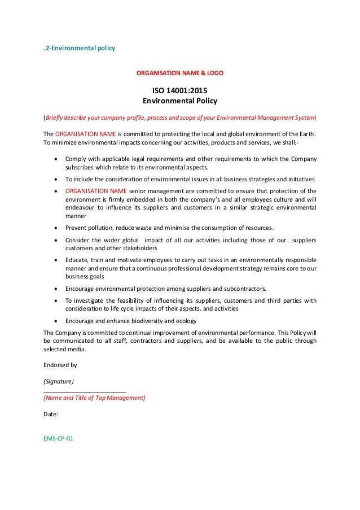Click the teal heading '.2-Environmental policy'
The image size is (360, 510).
[79, 49]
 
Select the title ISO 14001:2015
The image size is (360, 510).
[179, 90]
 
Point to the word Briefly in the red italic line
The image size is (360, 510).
[56, 117]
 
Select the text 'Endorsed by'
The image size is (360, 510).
[60, 365]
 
